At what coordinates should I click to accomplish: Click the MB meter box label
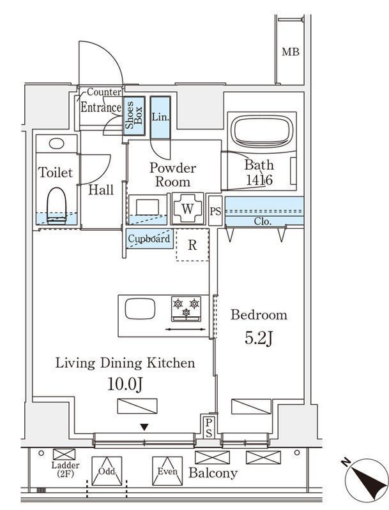[x=290, y=52]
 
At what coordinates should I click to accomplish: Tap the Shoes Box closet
[x=134, y=116]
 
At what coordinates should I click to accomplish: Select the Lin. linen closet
[x=160, y=117]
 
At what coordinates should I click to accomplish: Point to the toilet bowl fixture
[x=57, y=205]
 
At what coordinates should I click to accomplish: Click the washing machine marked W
[x=188, y=208]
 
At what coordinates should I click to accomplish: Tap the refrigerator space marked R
[x=192, y=245]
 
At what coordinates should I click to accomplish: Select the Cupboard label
[x=149, y=238]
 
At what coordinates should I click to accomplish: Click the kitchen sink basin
[x=140, y=309]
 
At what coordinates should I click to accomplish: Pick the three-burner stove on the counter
[x=186, y=309]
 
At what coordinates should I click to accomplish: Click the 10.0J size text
[x=125, y=384]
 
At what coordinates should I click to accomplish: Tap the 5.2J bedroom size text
[x=259, y=339]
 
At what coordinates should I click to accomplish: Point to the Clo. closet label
[x=263, y=221]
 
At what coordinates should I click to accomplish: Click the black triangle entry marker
[x=144, y=427]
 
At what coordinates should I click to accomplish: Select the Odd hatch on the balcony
[x=107, y=471]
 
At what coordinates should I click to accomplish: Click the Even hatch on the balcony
[x=167, y=471]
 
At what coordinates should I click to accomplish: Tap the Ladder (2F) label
[x=65, y=469]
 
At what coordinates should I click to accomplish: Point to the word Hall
[x=101, y=189]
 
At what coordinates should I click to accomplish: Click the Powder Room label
[x=172, y=175]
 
